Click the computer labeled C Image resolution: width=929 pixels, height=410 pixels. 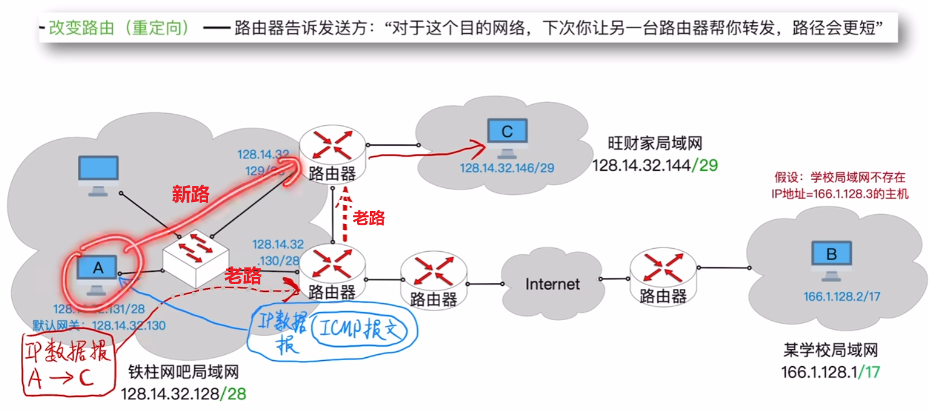(x=507, y=137)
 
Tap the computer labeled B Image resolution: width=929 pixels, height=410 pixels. (x=831, y=260)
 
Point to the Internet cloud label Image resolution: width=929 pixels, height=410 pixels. (x=552, y=284)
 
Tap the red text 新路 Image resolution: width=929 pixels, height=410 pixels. (x=191, y=194)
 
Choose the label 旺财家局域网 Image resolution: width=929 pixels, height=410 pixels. (x=655, y=144)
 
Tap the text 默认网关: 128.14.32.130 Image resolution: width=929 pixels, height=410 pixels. (x=100, y=325)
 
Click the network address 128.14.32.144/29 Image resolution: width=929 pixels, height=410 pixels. (x=655, y=165)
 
